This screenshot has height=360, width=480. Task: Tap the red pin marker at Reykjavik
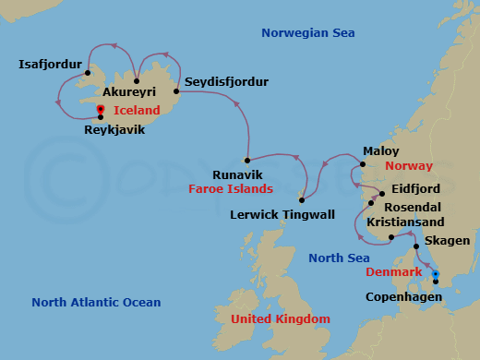pos(100,111)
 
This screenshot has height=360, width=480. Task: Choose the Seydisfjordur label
pos(226,82)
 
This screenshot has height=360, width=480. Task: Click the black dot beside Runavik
pos(246,161)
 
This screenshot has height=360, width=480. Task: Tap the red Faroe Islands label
pos(231,189)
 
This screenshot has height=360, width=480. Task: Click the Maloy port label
pos(381,150)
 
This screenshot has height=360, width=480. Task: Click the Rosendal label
pos(412,207)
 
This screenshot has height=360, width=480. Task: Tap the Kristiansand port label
pos(405,222)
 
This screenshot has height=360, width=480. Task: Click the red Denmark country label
pos(394,272)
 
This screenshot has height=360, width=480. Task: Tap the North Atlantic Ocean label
pos(96,302)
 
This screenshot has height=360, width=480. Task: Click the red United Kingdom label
pos(280,318)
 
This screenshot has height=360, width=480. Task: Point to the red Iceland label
pos(137,110)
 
